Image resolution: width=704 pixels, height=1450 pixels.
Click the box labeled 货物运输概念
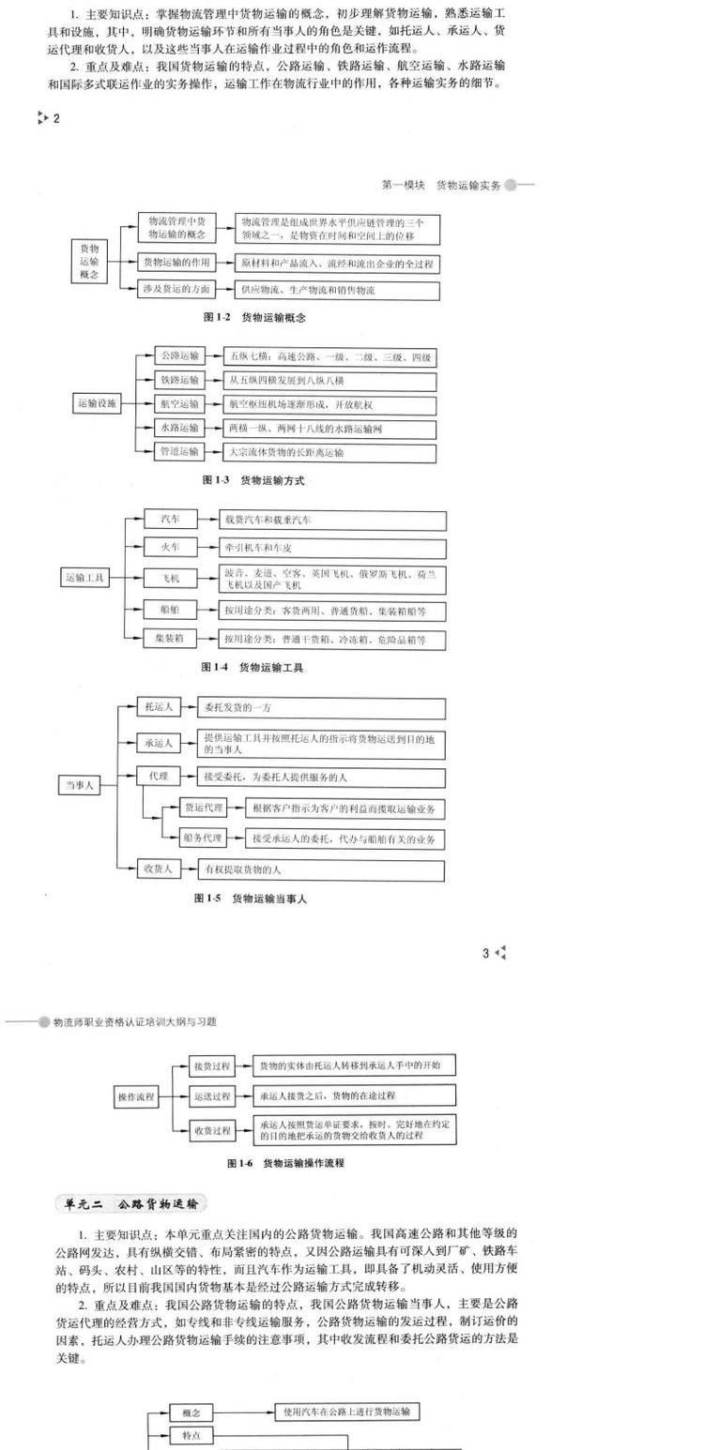pyautogui.click(x=91, y=262)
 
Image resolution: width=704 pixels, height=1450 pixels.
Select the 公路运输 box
pyautogui.click(x=179, y=356)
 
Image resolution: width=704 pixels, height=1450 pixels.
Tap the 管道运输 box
pyautogui.click(x=179, y=452)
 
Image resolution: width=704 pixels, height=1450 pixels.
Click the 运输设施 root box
pyautogui.click(x=98, y=404)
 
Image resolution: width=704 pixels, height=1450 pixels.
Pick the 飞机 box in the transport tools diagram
pyautogui.click(x=170, y=579)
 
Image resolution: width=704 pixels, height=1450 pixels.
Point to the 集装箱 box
pyautogui.click(x=170, y=639)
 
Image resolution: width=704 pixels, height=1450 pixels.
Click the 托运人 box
pyautogui.click(x=159, y=707)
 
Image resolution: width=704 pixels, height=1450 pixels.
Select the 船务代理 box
pyautogui.click(x=204, y=838)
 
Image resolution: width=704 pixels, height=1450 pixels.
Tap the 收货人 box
pyautogui.click(x=159, y=869)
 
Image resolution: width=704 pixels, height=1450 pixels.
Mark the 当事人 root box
pyautogui.click(x=79, y=786)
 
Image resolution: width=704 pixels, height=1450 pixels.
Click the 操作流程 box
pyautogui.click(x=136, y=1096)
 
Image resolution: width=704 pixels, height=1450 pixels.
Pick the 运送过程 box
pyautogui.click(x=212, y=1095)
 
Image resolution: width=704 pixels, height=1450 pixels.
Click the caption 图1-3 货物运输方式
pyautogui.click(x=253, y=480)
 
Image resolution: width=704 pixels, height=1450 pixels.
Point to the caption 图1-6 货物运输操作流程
pyautogui.click(x=285, y=1163)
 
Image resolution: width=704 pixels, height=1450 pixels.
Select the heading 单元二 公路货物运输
pyautogui.click(x=131, y=1204)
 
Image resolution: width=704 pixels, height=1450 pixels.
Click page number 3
pyautogui.click(x=486, y=954)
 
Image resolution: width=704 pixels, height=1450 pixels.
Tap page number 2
pyautogui.click(x=56, y=118)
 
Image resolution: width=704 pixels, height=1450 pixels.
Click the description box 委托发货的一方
pyautogui.click(x=320, y=707)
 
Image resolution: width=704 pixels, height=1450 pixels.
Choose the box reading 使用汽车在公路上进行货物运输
pyautogui.click(x=346, y=1412)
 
